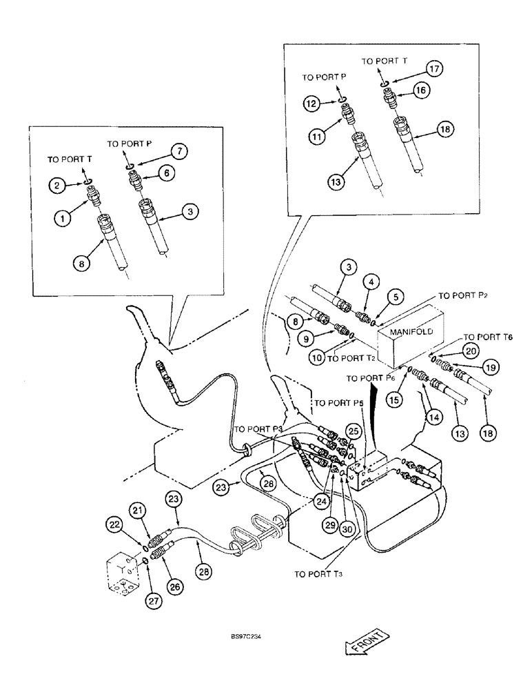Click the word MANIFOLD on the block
pos(411,331)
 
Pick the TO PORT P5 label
pos(337,402)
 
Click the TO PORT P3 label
pos(258,429)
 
